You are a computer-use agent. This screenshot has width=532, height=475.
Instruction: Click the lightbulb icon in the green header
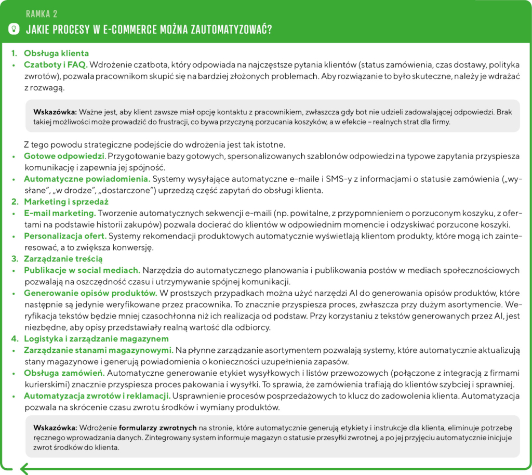click(15, 29)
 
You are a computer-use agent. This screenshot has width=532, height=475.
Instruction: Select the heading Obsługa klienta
click(57, 53)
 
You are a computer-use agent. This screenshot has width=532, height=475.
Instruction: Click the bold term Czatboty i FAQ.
click(55, 65)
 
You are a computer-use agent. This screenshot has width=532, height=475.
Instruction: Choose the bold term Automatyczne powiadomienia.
click(87, 179)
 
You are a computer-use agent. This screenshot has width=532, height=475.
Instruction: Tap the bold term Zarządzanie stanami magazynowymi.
click(98, 350)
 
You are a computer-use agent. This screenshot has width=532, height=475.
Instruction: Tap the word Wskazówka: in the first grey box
click(55, 111)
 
